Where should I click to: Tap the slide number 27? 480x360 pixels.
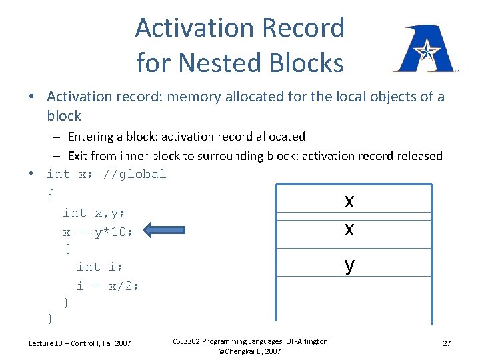pyautogui.click(x=447, y=343)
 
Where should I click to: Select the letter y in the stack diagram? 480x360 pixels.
pyautogui.click(x=349, y=265)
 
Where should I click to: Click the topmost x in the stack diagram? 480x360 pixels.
pyautogui.click(x=349, y=201)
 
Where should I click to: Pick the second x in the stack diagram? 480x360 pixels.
pyautogui.click(x=349, y=229)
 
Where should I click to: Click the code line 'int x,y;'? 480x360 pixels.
pyautogui.click(x=94, y=213)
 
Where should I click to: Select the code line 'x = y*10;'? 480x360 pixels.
pyautogui.click(x=98, y=232)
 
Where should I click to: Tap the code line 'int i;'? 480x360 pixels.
pyautogui.click(x=99, y=267)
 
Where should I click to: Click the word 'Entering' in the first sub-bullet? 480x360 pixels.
pyautogui.click(x=91, y=137)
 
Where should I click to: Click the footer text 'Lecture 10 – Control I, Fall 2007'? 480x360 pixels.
pyautogui.click(x=80, y=343)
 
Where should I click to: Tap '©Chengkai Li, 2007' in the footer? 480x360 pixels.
pyautogui.click(x=249, y=351)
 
